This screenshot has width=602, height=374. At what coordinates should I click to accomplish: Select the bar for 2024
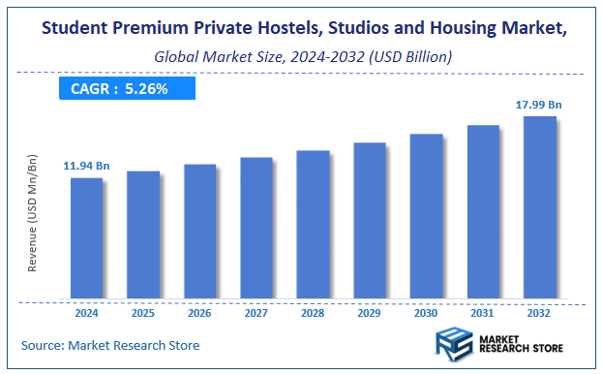(x=86, y=237)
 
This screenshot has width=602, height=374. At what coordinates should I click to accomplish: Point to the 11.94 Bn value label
(x=87, y=167)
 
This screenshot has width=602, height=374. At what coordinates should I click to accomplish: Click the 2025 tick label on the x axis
(x=143, y=313)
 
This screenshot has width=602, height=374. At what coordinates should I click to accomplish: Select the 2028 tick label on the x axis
(x=313, y=313)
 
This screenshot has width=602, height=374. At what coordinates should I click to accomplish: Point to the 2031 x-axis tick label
(x=483, y=313)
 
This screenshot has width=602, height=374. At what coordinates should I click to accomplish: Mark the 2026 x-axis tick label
(x=199, y=313)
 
